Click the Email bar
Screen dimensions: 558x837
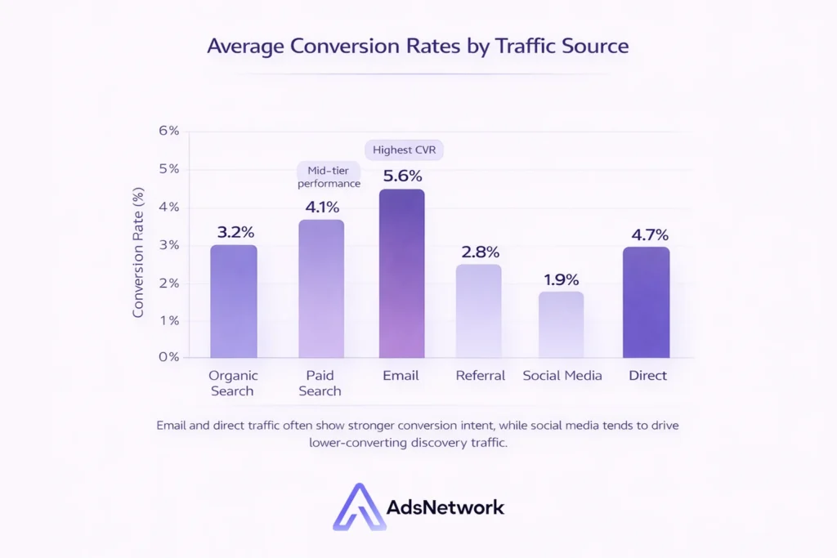point(401,274)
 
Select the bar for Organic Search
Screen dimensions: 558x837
point(234,301)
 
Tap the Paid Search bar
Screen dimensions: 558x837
point(320,288)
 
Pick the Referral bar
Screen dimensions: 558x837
point(478,310)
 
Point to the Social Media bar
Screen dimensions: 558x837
point(561,324)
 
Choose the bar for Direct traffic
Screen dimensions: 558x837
point(646,302)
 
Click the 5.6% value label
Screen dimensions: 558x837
point(401,175)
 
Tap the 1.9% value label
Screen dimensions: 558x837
point(561,278)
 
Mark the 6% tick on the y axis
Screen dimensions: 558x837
point(168,131)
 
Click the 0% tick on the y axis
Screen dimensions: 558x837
point(168,357)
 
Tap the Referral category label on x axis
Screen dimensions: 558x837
point(480,376)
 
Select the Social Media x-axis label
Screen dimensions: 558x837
point(562,376)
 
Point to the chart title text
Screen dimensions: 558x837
point(418,45)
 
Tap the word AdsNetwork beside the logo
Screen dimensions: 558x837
point(445,507)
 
